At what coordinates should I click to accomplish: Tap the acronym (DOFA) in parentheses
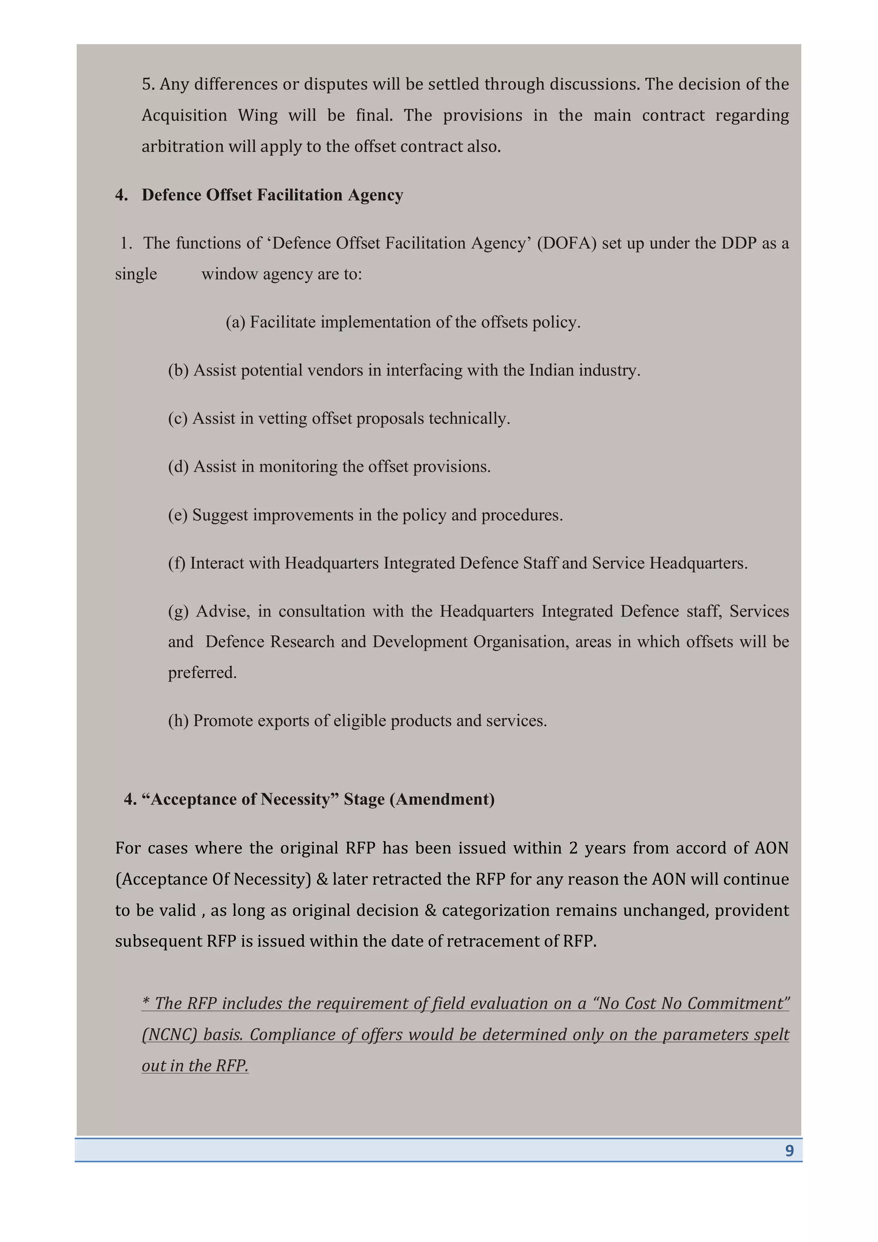click(566, 243)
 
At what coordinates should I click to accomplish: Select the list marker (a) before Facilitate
click(235, 322)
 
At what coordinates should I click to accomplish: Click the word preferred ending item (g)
click(202, 672)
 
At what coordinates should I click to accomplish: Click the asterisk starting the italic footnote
click(145, 1002)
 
